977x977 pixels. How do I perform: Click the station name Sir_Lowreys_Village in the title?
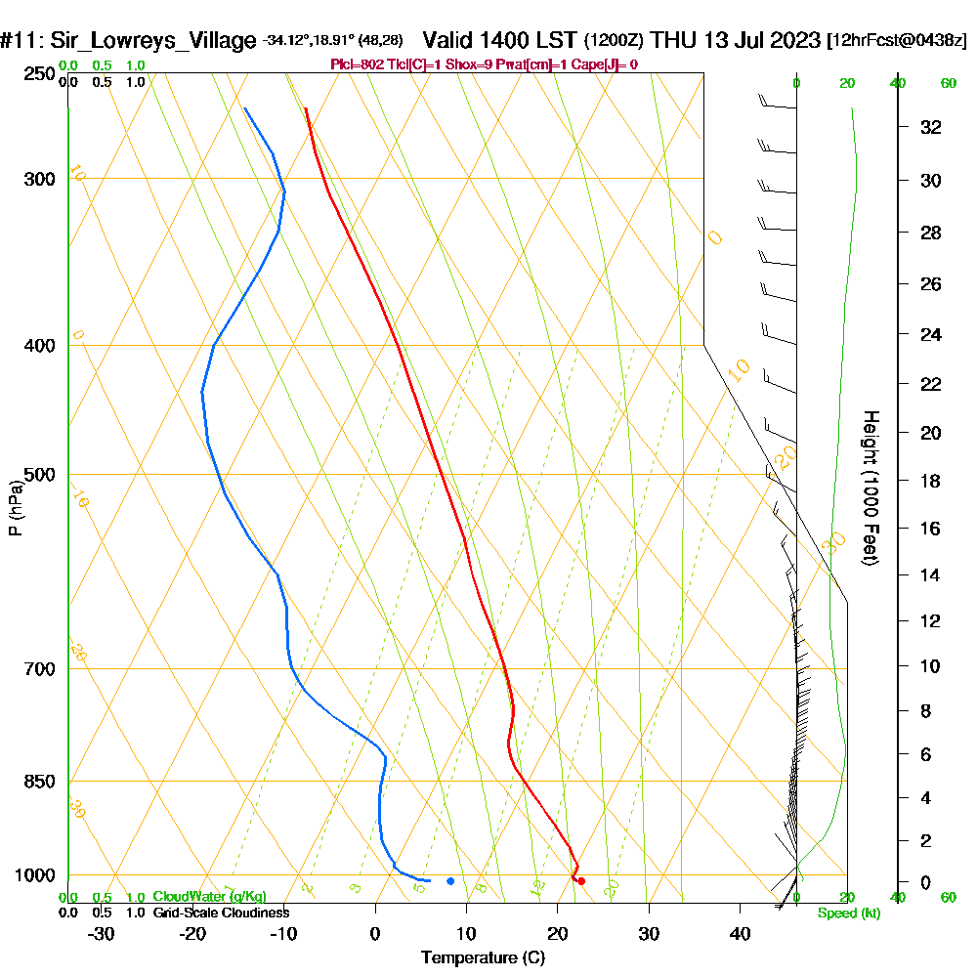(x=150, y=41)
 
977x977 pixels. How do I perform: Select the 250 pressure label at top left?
(x=40, y=73)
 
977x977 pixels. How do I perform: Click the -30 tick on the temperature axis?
(x=102, y=934)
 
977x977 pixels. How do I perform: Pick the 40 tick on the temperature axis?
(x=740, y=934)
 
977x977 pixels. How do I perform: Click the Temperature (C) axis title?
(x=483, y=958)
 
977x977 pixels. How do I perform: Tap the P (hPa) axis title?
(x=15, y=507)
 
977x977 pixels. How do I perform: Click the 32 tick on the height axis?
(x=931, y=126)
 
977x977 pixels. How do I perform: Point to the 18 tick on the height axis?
(x=931, y=481)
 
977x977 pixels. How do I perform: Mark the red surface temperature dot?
(x=581, y=881)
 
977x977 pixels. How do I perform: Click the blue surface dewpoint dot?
(x=450, y=881)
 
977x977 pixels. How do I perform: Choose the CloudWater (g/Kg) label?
(x=209, y=897)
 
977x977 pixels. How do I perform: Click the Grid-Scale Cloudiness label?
(x=220, y=913)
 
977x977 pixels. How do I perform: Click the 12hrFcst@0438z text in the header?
(x=896, y=41)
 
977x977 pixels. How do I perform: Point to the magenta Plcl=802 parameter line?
(x=485, y=64)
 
